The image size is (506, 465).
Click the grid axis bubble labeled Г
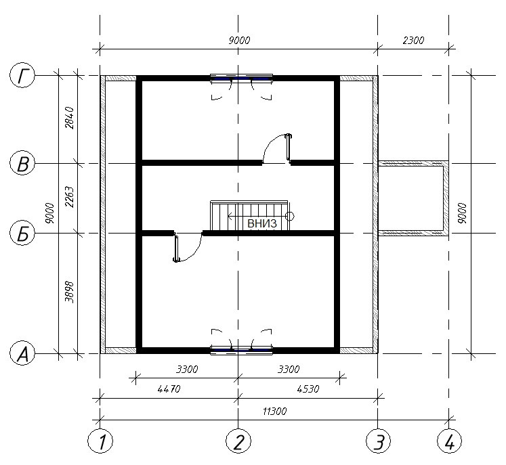point(22,75)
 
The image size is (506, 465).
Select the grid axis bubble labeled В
point(22,164)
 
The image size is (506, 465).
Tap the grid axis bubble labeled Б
point(22,233)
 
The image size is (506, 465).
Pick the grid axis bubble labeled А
point(22,353)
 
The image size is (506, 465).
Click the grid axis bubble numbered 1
point(100,441)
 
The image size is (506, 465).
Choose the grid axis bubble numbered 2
point(238,441)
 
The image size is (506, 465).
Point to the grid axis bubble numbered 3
point(378,441)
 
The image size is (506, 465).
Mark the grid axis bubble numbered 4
point(449,441)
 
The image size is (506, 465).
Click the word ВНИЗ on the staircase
point(262,223)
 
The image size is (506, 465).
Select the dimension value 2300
point(413,41)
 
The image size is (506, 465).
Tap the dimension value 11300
point(274,411)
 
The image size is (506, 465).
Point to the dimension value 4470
point(169,389)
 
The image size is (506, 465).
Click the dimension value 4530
point(308,389)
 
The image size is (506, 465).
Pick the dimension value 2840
point(69,118)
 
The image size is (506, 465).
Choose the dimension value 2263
point(69,197)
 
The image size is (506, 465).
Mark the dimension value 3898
point(69,292)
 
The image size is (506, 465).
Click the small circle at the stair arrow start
point(290,216)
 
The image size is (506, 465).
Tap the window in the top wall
point(241,79)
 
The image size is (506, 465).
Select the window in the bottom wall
point(241,350)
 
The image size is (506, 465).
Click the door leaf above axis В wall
point(289,147)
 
